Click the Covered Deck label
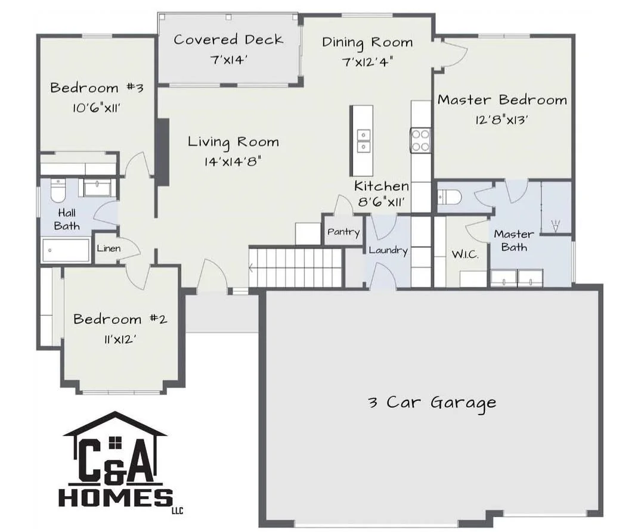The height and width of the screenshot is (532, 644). tap(228, 39)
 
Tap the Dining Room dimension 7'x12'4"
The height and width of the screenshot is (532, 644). tap(367, 62)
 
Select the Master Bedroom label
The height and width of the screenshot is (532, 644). tap(502, 99)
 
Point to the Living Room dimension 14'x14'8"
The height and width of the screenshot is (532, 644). tap(233, 161)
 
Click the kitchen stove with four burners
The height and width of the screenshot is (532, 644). tap(420, 140)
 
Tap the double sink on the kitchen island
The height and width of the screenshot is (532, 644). tap(364, 141)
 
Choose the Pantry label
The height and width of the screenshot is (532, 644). tap(343, 232)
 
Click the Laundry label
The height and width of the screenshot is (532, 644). tap(388, 250)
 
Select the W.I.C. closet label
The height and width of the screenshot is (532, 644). tap(465, 254)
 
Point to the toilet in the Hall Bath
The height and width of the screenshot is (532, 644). tap(58, 190)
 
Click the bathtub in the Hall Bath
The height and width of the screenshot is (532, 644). tap(66, 250)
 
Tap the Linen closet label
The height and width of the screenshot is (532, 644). tap(109, 248)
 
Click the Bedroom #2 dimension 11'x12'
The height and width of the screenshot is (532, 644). tap(119, 339)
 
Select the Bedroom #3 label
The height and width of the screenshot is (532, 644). tap(97, 88)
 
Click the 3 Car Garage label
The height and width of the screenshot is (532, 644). tap(432, 402)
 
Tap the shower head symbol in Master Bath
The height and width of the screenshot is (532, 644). tap(555, 226)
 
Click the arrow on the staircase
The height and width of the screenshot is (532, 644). tap(251, 268)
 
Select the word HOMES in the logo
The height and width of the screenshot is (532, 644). tap(116, 497)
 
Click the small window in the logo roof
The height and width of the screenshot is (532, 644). tap(116, 442)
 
